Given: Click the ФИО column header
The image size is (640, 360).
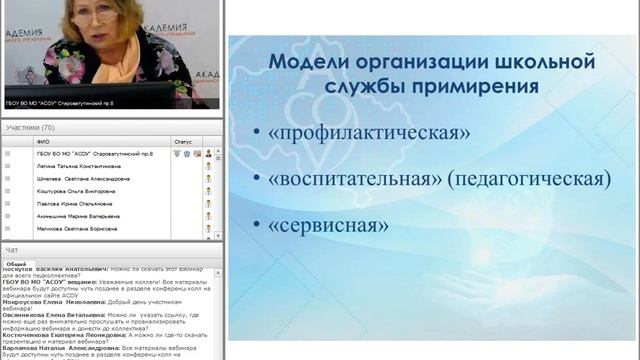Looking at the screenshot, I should coord(43,142).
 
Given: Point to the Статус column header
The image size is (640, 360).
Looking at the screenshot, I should coord(182,142).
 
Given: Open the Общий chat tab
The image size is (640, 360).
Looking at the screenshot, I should coord(17,264).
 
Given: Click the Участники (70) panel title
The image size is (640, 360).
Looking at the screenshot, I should coord(30,128).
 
